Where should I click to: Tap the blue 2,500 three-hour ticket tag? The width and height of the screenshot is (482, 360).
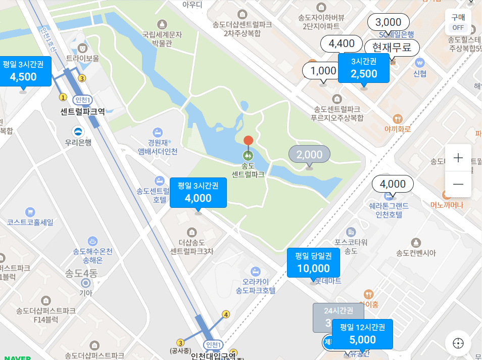pyautogui.click(x=364, y=68)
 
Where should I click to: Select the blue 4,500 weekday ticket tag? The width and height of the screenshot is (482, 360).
pyautogui.click(x=23, y=71)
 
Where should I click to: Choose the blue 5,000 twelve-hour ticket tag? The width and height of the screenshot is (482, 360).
pyautogui.click(x=362, y=334)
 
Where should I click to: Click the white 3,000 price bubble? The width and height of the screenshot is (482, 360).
pyautogui.click(x=388, y=22)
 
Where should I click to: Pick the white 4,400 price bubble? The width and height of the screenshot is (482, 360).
pyautogui.click(x=342, y=43)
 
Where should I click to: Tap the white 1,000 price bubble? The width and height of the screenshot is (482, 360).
pyautogui.click(x=323, y=71)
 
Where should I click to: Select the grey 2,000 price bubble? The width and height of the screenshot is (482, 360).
pyautogui.click(x=309, y=154)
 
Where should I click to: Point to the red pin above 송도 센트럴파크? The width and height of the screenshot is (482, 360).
pyautogui.click(x=248, y=141)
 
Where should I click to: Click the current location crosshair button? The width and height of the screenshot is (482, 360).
pyautogui.click(x=458, y=343)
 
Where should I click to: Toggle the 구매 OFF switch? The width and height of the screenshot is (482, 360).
pyautogui.click(x=458, y=22)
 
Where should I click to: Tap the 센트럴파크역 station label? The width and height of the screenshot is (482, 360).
pyautogui.click(x=82, y=111)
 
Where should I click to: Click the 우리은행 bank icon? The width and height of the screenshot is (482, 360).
pyautogui.click(x=78, y=131)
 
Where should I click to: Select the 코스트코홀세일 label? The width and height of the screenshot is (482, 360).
pyautogui.click(x=30, y=222)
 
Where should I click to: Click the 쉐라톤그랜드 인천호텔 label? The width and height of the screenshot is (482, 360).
pyautogui.click(x=388, y=210)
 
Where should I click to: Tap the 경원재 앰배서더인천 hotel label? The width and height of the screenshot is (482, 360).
pyautogui.click(x=157, y=147)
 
